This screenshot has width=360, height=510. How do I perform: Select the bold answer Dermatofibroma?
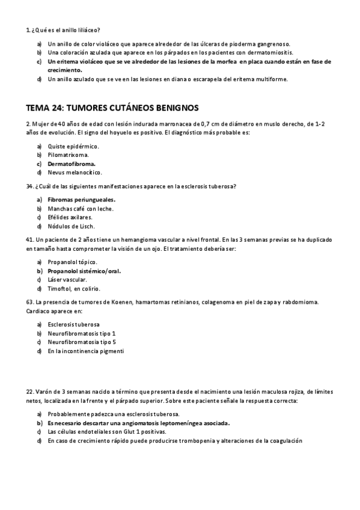click(72, 163)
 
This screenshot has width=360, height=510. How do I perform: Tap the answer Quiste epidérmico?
click(73, 146)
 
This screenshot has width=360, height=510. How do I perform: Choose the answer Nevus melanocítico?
click(75, 172)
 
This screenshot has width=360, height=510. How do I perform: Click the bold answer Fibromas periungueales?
click(81, 200)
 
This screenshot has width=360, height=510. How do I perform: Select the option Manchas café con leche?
click(81, 209)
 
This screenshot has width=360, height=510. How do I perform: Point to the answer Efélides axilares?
click(70, 217)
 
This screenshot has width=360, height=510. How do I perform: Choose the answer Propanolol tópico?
click(72, 262)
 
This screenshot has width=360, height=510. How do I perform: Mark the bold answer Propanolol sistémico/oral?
click(84, 271)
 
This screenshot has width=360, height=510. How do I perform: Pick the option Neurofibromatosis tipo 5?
click(81, 342)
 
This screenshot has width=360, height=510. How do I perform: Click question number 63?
click(29, 302)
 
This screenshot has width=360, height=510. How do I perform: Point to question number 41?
click(29, 239)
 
